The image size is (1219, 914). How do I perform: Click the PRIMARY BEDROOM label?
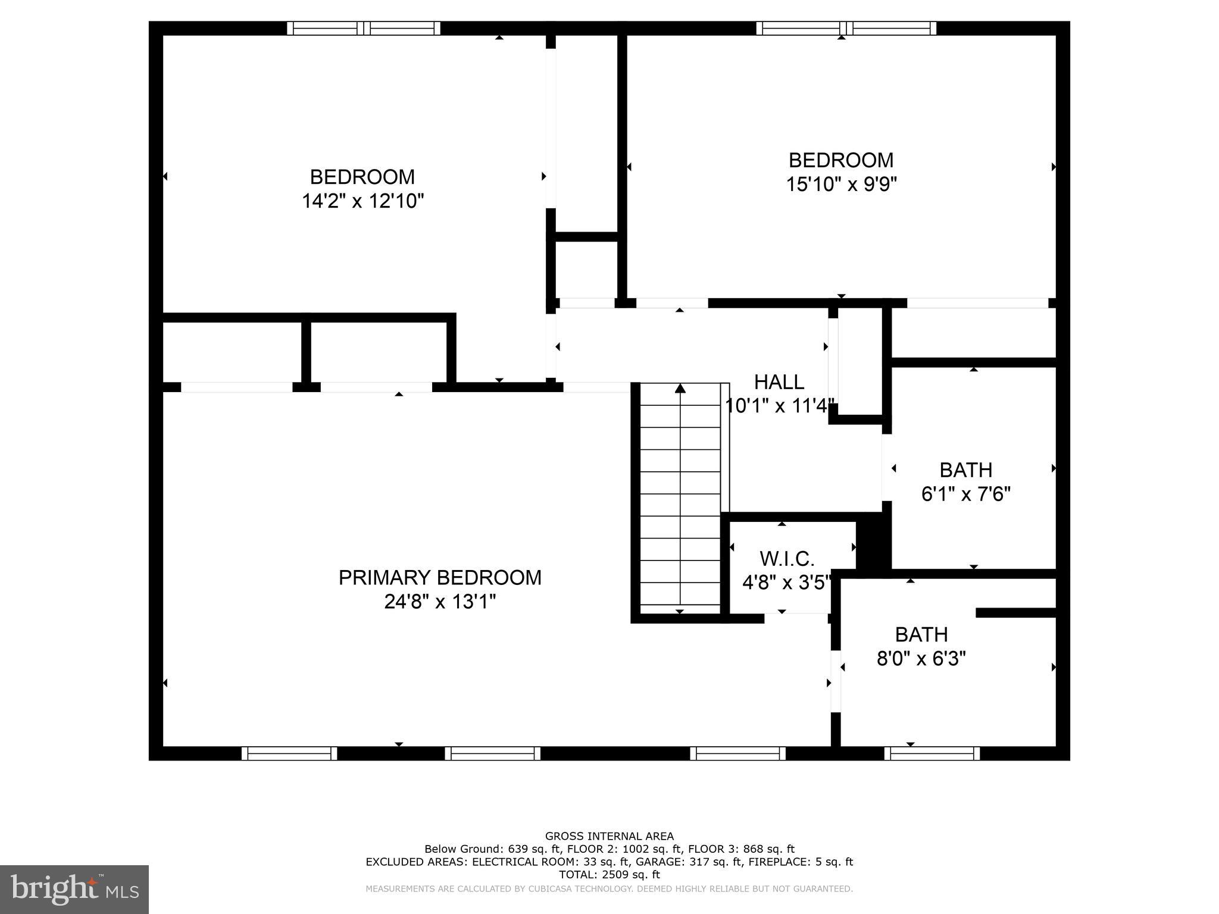coord(440,577)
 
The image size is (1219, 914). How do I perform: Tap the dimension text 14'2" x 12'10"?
coord(362,201)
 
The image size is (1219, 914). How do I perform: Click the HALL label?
coord(779,381)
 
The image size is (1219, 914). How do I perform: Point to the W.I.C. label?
coord(786,559)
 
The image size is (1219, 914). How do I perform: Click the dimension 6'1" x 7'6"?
coord(965,494)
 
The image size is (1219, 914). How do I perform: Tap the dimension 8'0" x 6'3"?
coord(921,659)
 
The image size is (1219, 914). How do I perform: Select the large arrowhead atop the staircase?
coord(680,389)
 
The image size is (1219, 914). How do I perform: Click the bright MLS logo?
coord(74,889)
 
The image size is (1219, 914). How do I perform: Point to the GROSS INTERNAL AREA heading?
coord(609,836)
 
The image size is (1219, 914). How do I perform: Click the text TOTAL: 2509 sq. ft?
coord(609,875)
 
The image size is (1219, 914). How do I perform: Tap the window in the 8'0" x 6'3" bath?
coord(932,753)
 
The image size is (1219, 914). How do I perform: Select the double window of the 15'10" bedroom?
coord(846,28)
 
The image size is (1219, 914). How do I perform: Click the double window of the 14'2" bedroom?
coord(364,28)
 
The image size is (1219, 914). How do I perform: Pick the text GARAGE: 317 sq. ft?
coord(689,862)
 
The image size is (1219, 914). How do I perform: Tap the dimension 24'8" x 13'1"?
coord(440,602)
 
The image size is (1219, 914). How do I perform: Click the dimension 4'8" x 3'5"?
coord(786,583)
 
